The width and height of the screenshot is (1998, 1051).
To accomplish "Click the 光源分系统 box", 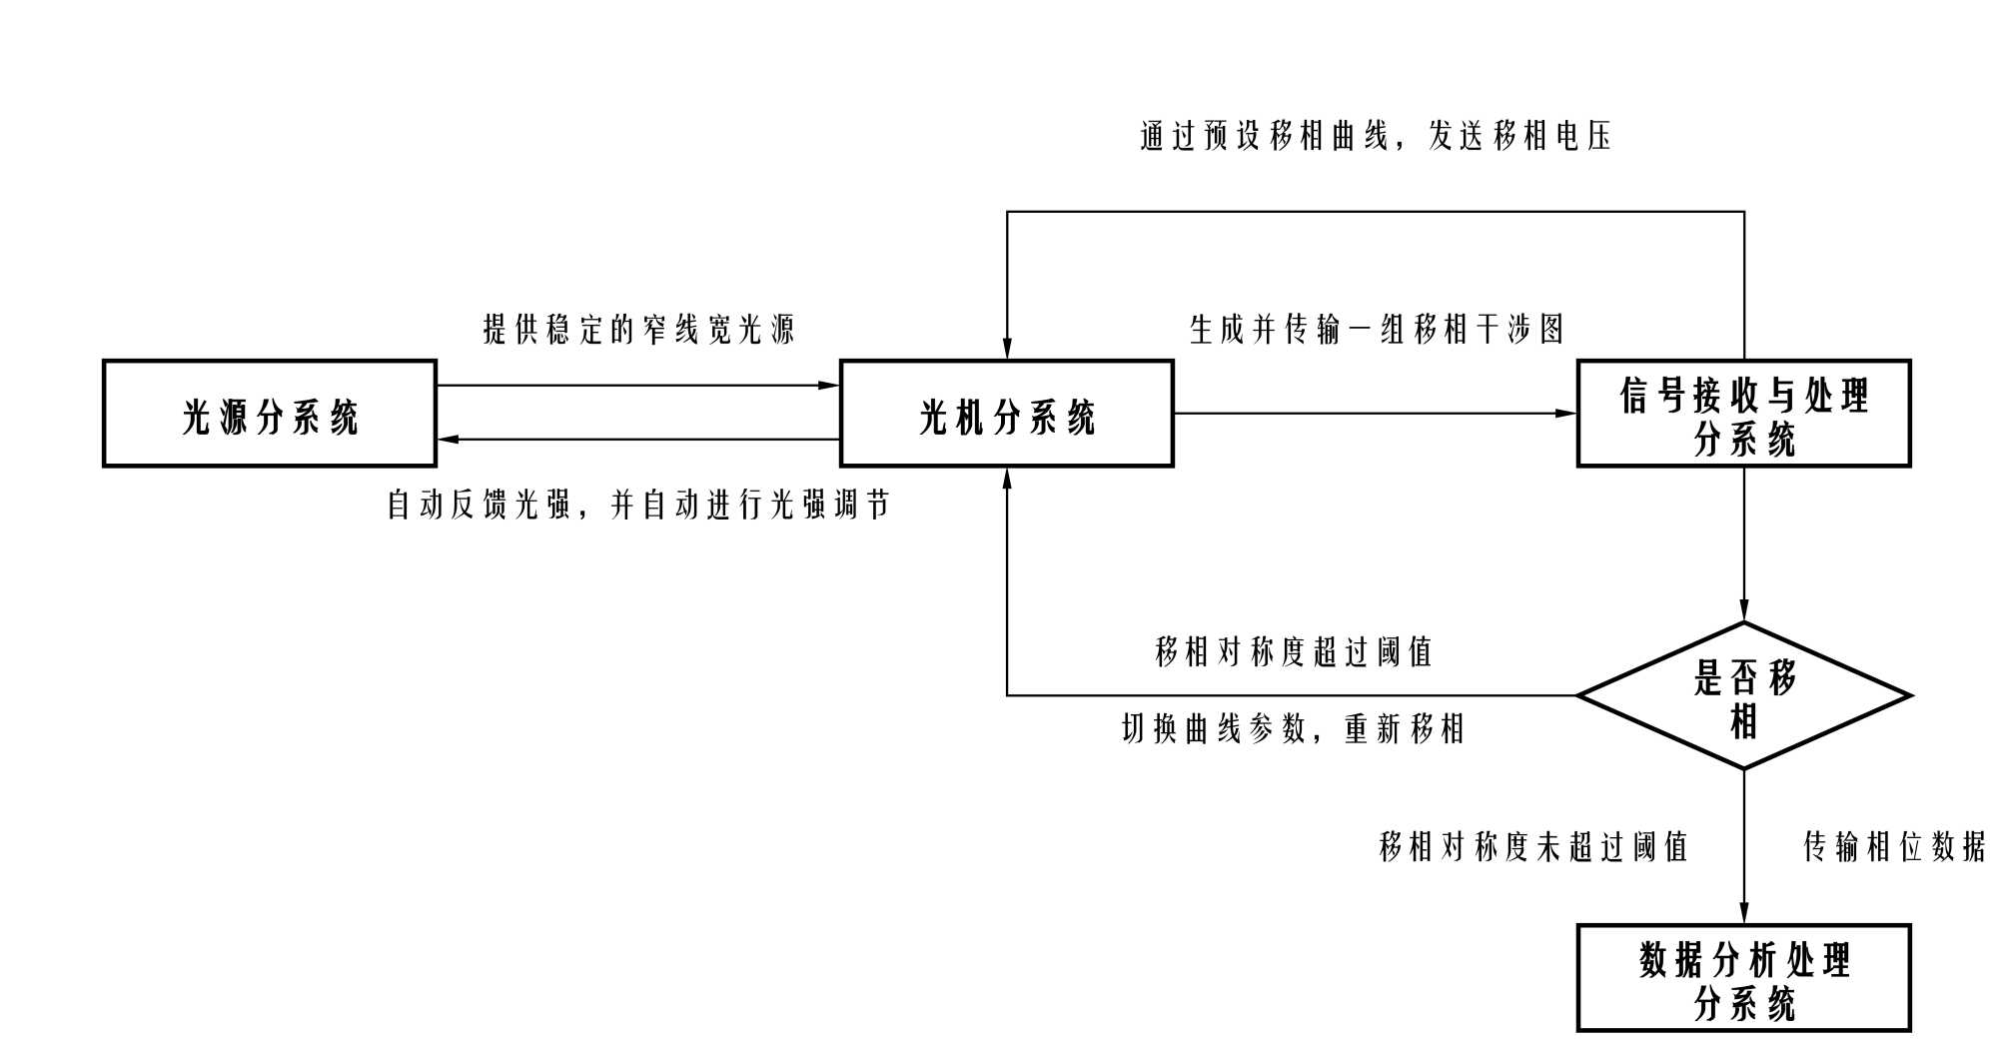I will point(270,414).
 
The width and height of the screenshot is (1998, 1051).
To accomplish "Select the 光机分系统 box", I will point(1006,414).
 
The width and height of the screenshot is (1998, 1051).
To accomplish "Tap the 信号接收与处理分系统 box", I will point(1743,414).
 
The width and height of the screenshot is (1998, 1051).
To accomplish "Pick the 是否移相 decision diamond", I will point(1743,696).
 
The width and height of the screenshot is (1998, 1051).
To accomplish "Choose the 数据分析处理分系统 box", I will point(1743,978).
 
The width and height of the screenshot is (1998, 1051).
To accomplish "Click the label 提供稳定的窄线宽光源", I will point(639,329).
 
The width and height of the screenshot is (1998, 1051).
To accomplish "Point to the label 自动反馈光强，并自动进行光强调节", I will point(638,506).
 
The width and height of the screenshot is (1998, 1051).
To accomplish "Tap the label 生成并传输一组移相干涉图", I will point(1377,329).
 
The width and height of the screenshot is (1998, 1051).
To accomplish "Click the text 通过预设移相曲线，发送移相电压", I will point(1377,136).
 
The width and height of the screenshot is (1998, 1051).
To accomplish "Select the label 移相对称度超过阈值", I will point(1294,652).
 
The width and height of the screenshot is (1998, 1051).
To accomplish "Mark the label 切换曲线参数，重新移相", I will point(1294,729).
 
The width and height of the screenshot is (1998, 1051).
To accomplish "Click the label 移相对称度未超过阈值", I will point(1533,847).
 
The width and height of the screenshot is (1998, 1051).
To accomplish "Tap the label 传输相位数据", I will point(1894,847).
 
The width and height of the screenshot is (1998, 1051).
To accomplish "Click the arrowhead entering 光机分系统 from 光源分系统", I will point(829,386).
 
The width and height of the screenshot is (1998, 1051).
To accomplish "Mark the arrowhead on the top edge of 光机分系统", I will point(1007,349).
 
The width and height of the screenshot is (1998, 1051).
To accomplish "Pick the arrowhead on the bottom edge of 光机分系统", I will point(1007,479).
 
